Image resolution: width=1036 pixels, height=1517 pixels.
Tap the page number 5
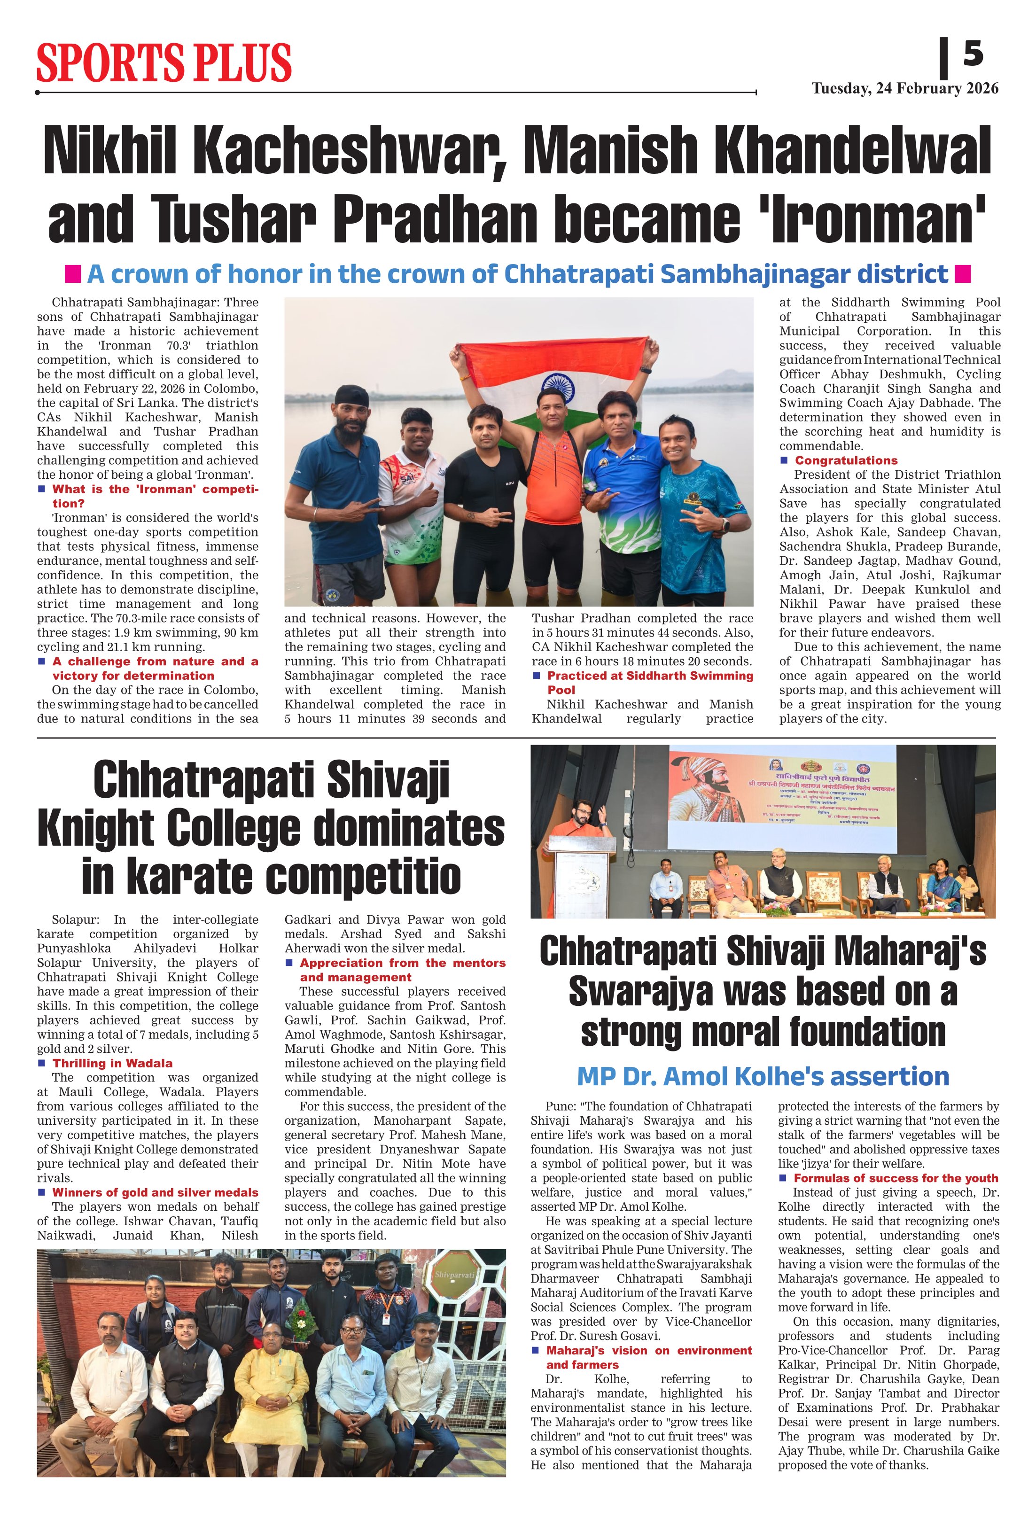click(x=973, y=53)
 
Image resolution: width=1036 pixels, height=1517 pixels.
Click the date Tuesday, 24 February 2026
click(x=905, y=89)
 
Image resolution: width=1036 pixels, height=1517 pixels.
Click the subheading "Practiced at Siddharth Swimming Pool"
click(x=649, y=682)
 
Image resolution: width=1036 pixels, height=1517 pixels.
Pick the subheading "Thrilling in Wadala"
click(x=112, y=1063)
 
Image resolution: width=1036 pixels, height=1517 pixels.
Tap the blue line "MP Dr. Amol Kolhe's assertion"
click(x=763, y=1076)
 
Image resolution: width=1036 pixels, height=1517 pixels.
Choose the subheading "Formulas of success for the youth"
click(x=895, y=1178)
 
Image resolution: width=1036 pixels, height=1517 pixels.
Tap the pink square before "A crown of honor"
click(x=72, y=273)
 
